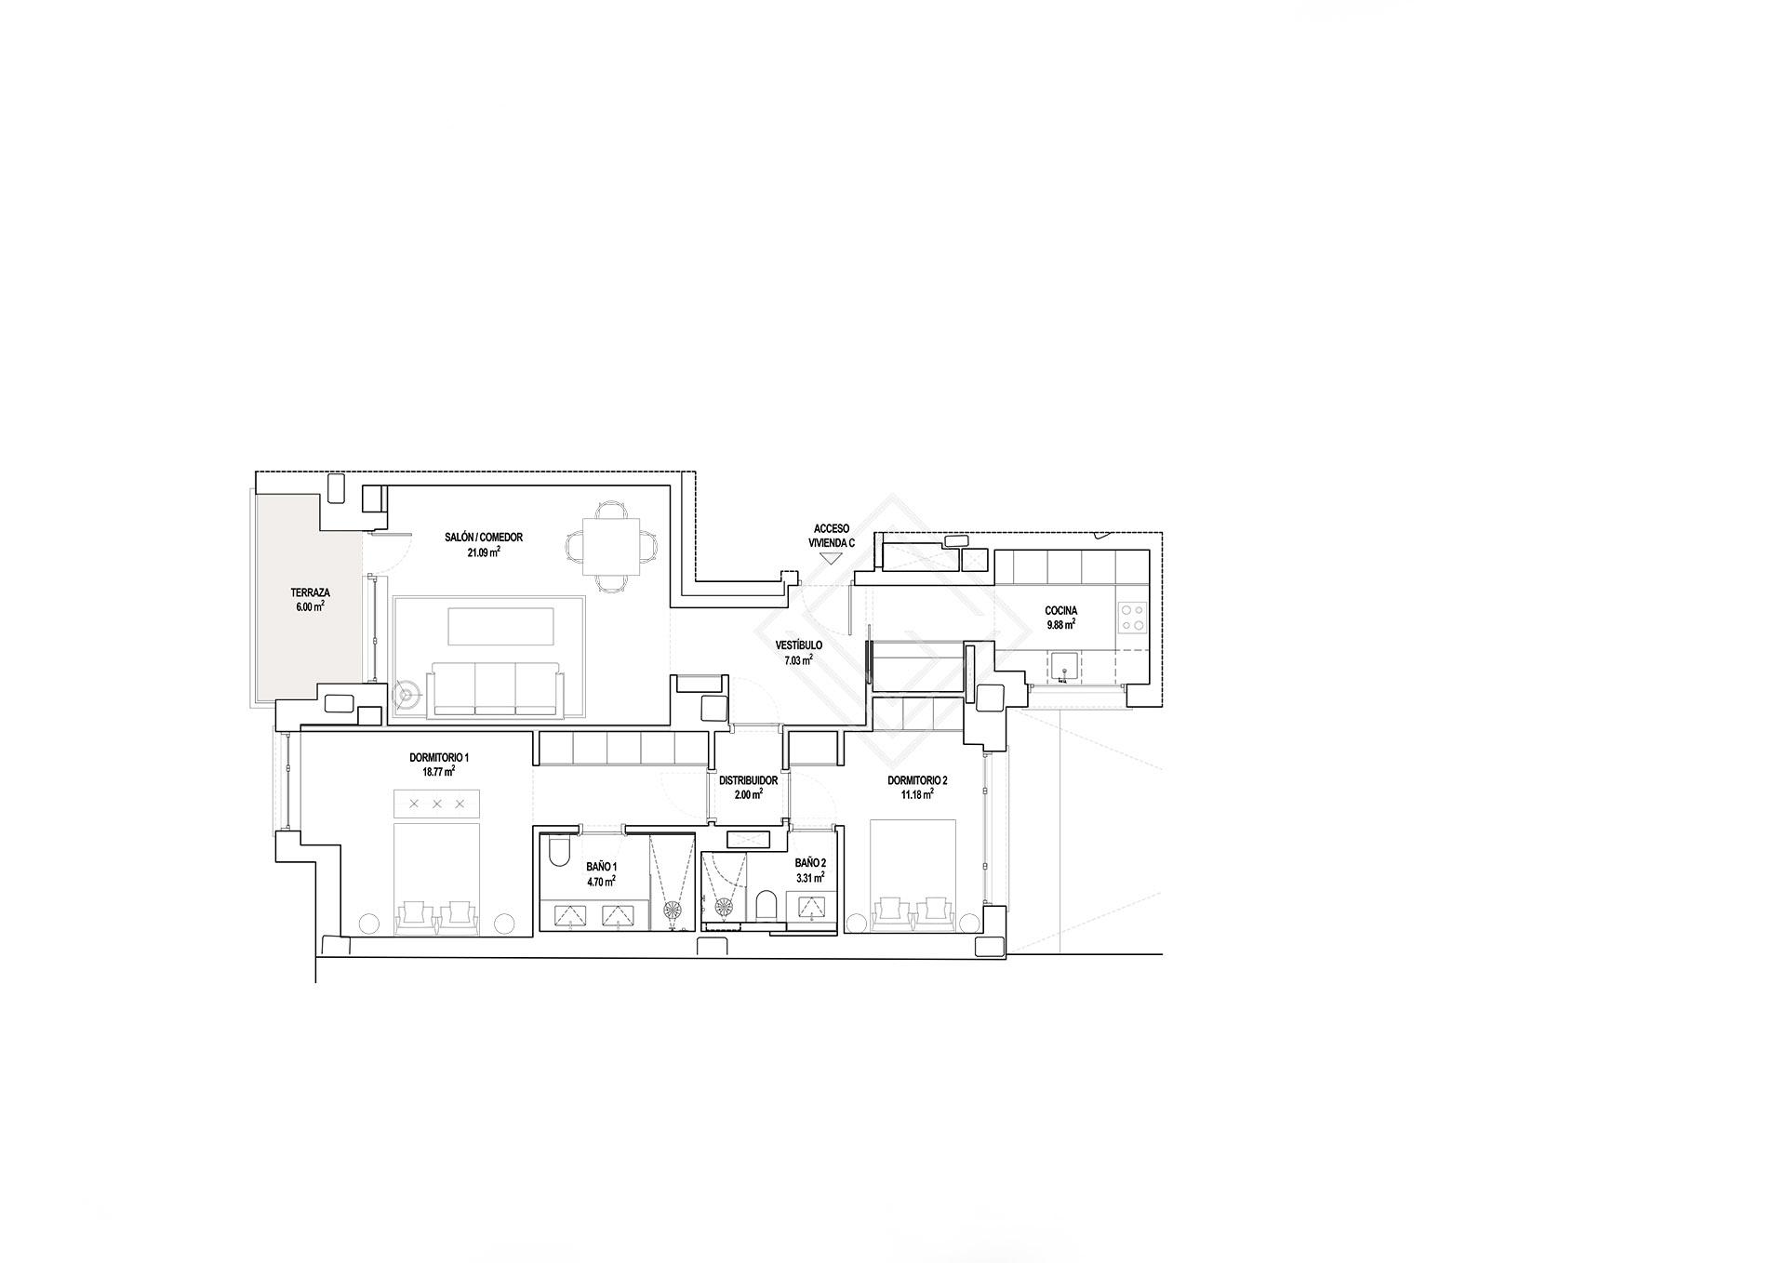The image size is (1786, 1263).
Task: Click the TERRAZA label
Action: [x=310, y=592]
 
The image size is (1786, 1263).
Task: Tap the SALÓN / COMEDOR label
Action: [x=484, y=538]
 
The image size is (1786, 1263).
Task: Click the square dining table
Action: [x=611, y=546]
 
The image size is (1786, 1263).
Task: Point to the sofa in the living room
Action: [x=496, y=689]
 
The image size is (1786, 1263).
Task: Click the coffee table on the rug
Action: [x=501, y=626]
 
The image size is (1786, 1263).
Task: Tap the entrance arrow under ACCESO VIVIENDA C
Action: [x=830, y=558]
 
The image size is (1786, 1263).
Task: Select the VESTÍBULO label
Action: [x=798, y=645]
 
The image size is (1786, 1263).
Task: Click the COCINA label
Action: [x=1060, y=611]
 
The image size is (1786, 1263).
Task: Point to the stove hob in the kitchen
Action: [x=1132, y=618]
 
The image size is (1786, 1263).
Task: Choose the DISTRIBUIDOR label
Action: [x=748, y=780]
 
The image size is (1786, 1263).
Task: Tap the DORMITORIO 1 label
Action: [x=438, y=758]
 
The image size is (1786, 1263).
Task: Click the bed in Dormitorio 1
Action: [x=436, y=878]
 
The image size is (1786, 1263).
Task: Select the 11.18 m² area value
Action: [x=917, y=794]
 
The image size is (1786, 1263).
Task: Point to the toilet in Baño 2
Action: [x=766, y=904]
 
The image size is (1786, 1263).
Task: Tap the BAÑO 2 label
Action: [x=809, y=862]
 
